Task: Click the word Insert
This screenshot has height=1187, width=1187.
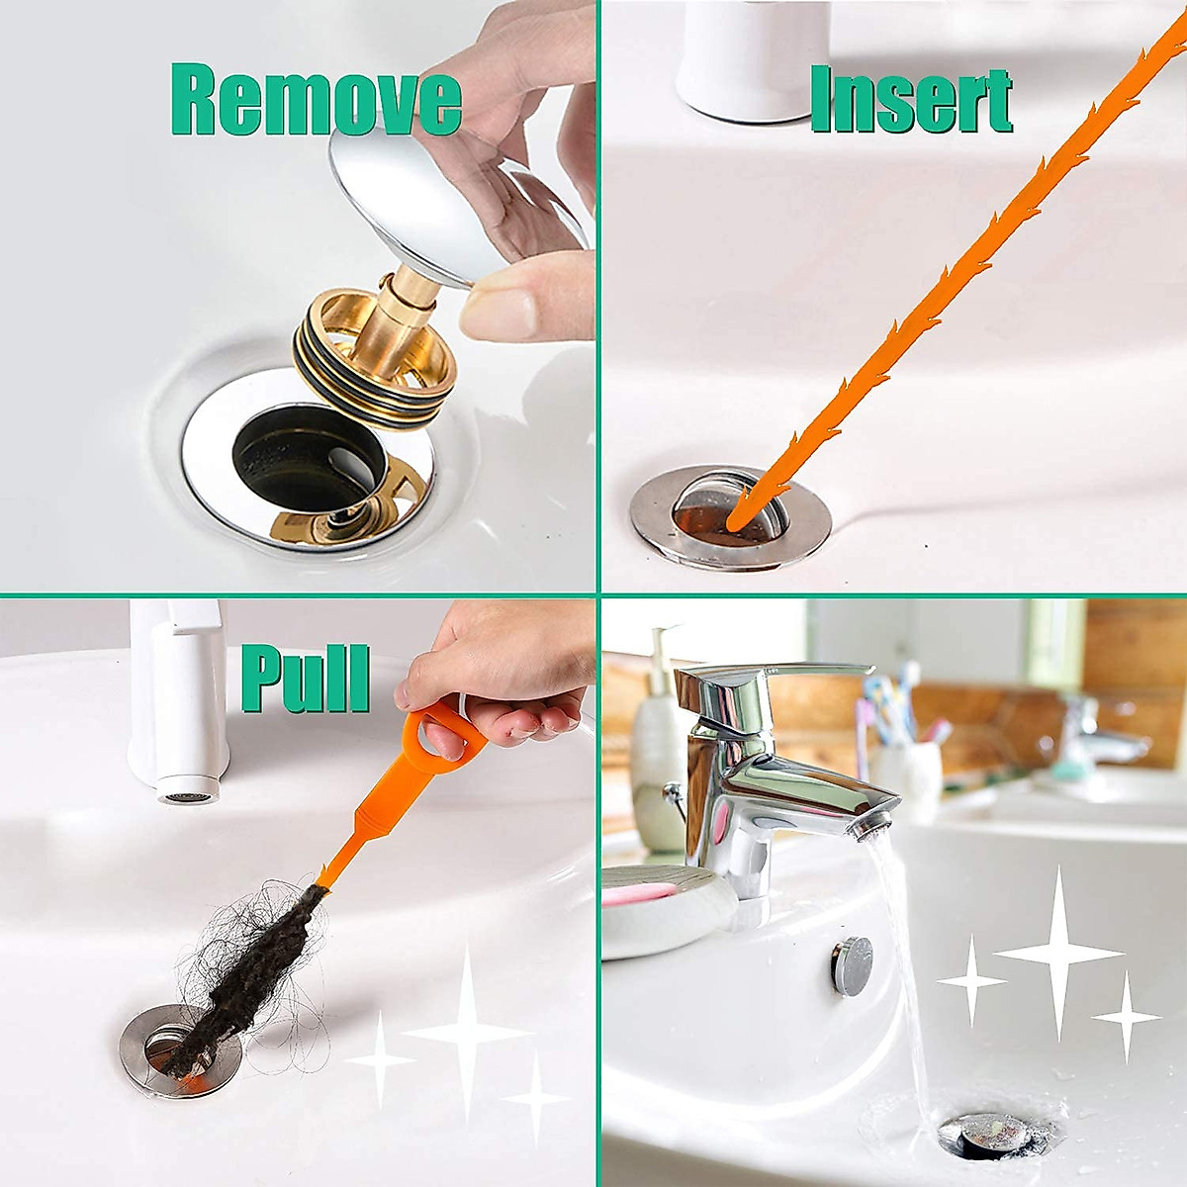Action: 910,101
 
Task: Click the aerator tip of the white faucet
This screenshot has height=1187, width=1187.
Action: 179,796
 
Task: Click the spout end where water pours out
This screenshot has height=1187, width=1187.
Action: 870,829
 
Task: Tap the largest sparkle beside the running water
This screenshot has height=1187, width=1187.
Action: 1058,955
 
